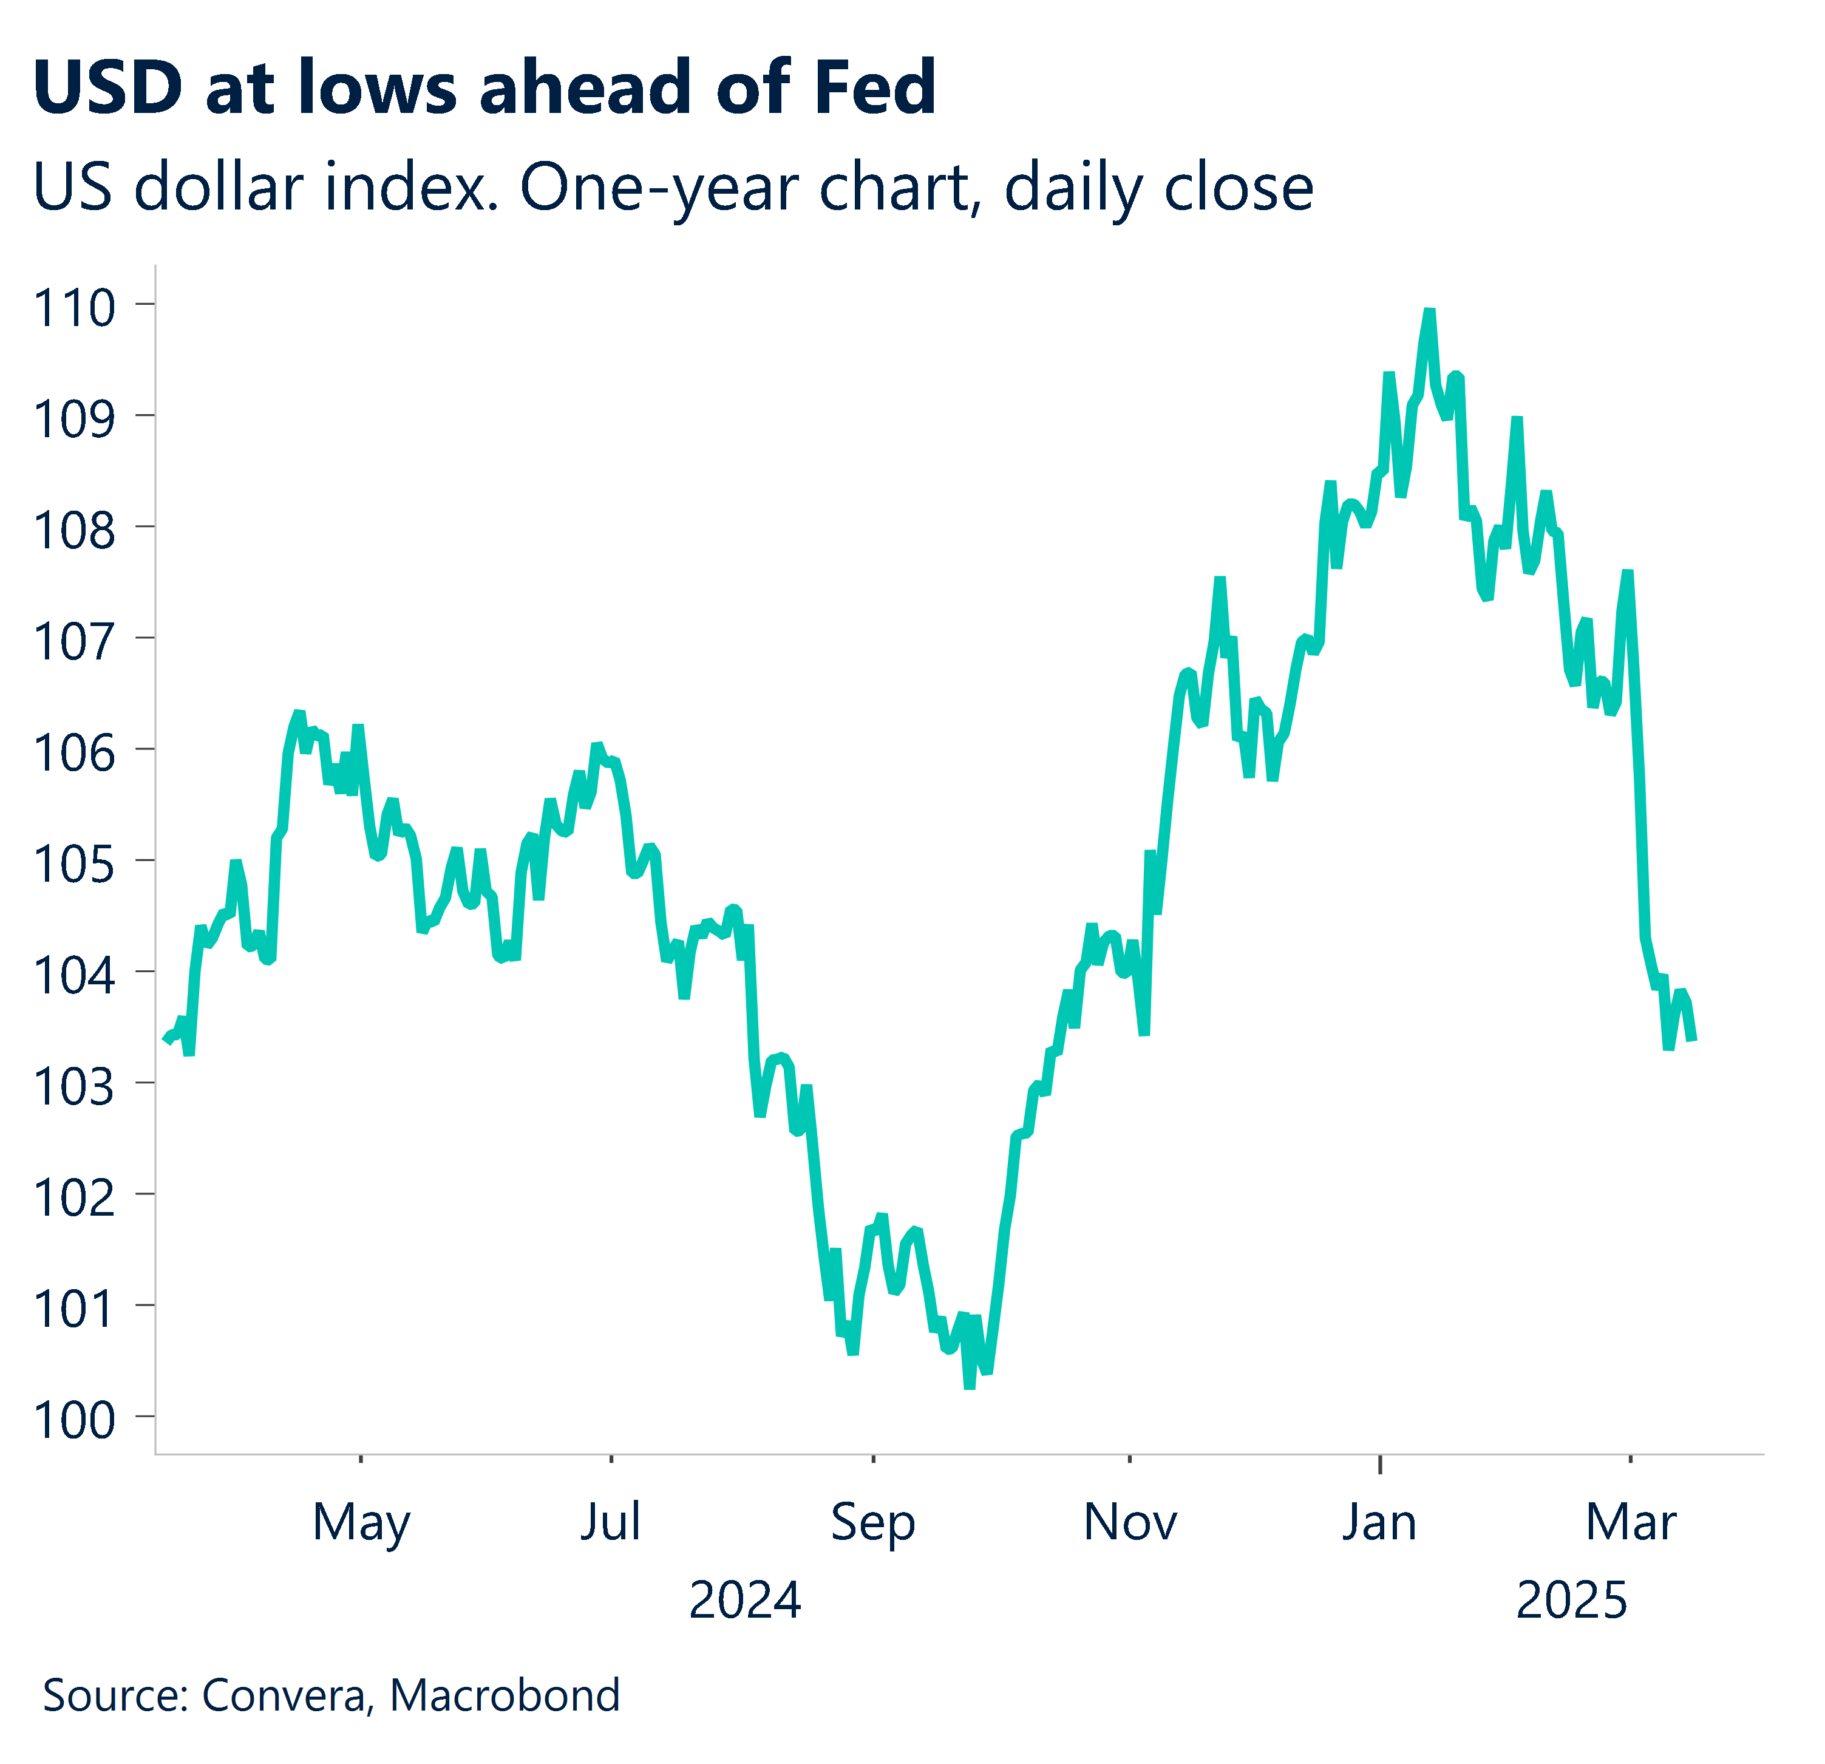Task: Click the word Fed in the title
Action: click(874, 87)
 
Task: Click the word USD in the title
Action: click(108, 87)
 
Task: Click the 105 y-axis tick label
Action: click(75, 864)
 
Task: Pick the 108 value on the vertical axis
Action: click(75, 531)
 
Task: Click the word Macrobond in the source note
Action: click(505, 1695)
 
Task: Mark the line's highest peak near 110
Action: click(1429, 312)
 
